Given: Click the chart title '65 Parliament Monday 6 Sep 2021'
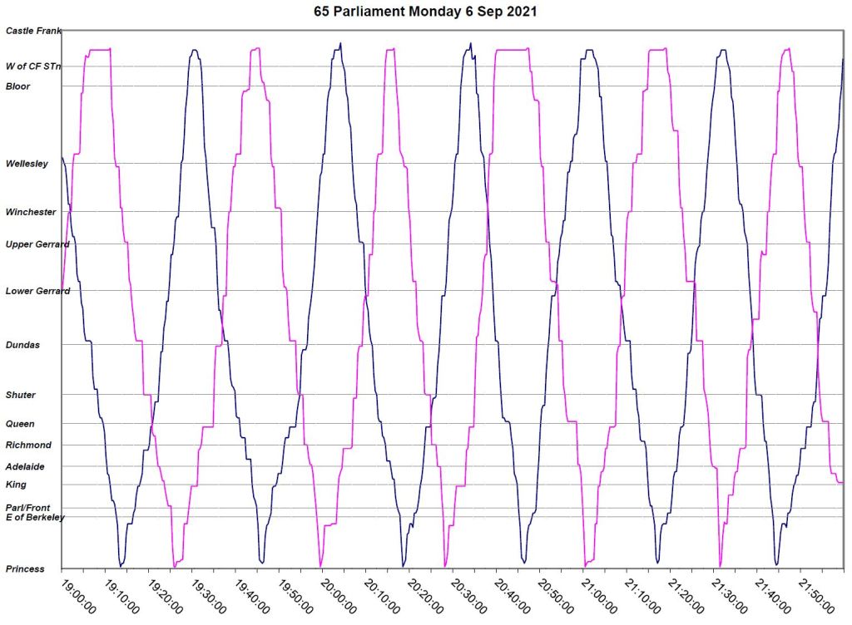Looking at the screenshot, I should click(x=427, y=12).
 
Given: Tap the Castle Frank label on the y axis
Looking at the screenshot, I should click(x=34, y=31).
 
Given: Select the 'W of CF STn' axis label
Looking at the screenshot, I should click(x=34, y=66).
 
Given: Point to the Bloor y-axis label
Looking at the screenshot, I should click(x=17, y=86).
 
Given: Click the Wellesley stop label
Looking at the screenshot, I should click(x=27, y=164).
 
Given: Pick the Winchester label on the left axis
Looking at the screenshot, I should click(x=31, y=213).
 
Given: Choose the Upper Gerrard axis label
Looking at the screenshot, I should click(x=37, y=244).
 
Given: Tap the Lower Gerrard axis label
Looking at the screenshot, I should click(x=37, y=292).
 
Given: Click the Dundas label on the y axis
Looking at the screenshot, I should click(x=22, y=345).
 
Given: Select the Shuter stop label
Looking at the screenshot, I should click(x=21, y=396).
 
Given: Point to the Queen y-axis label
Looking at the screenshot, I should click(x=20, y=424).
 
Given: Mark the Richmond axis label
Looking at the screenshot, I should click(x=28, y=445).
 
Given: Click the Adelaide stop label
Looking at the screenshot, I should click(x=25, y=467).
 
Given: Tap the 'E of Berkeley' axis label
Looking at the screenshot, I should click(x=35, y=518).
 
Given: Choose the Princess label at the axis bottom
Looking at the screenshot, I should click(x=25, y=569).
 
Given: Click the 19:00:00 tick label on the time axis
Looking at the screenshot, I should click(x=78, y=596).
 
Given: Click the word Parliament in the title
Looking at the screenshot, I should click(x=369, y=12).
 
